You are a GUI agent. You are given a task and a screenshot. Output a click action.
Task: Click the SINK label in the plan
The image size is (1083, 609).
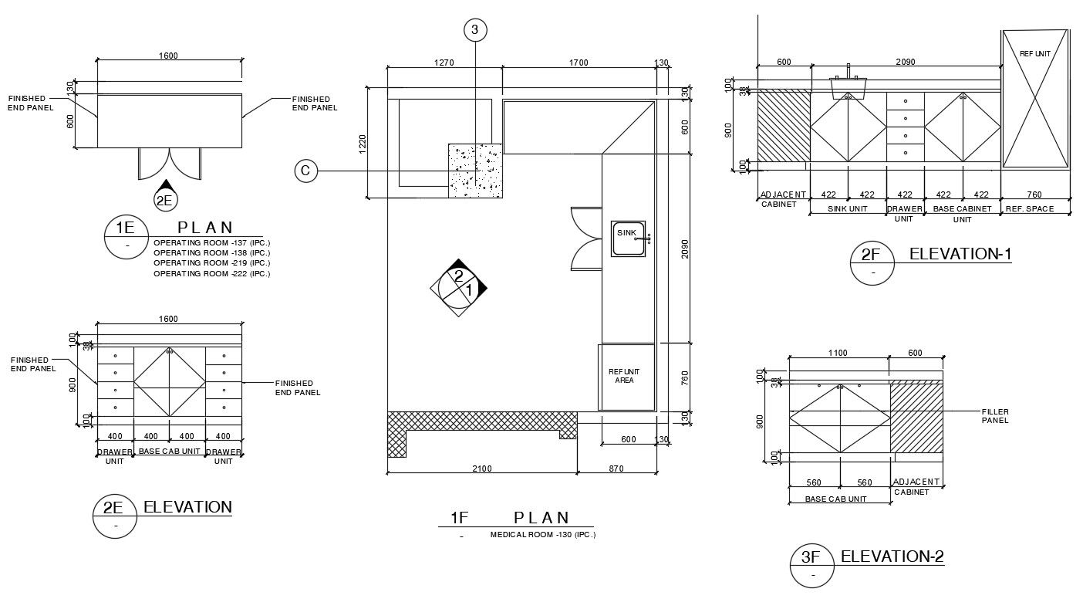[626, 232]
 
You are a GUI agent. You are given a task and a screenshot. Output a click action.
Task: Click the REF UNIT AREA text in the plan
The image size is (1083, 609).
[624, 376]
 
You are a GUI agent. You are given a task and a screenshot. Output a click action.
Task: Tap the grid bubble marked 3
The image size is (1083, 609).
[475, 30]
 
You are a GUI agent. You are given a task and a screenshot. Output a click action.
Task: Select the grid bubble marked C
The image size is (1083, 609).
[305, 171]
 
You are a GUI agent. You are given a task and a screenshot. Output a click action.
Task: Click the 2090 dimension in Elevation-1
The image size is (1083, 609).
[905, 62]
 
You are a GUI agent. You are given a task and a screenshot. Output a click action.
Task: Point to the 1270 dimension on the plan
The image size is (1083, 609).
[444, 63]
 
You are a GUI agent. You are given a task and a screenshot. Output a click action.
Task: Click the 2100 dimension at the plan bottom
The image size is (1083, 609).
[481, 469]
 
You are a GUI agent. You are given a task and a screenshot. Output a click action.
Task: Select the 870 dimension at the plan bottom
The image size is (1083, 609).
[616, 469]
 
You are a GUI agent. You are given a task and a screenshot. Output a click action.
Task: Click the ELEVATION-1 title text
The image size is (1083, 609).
[960, 254]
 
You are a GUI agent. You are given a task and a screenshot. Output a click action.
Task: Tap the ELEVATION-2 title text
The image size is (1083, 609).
[892, 557]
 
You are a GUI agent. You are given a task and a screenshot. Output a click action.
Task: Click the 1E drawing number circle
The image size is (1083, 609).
[126, 235]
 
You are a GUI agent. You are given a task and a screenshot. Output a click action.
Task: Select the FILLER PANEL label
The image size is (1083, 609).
[995, 416]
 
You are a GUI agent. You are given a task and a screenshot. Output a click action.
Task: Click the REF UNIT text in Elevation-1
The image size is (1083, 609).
[1034, 54]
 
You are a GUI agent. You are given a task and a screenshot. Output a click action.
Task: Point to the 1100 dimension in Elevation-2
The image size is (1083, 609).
[837, 353]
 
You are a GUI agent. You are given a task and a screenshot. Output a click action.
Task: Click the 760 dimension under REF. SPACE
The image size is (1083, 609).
[1034, 195]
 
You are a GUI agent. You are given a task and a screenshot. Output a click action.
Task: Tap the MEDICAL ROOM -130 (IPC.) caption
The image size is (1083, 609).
[542, 534]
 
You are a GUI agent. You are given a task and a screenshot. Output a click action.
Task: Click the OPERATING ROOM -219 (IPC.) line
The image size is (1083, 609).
[211, 263]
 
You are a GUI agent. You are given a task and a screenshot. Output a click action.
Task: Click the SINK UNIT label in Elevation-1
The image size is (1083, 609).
[848, 209]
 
